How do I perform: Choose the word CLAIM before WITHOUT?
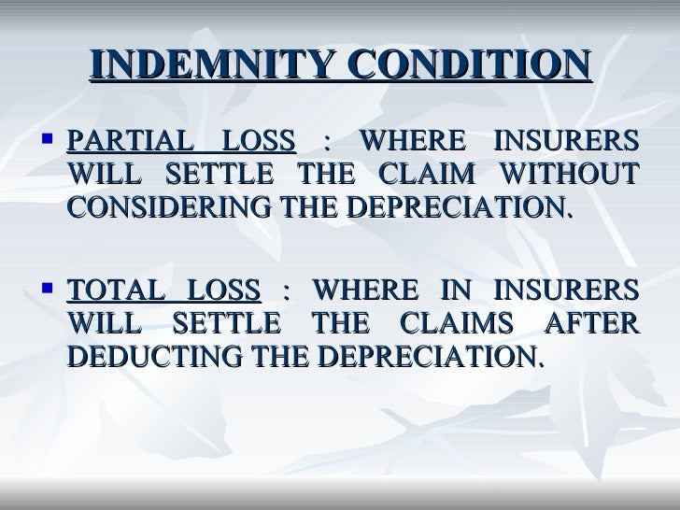click(436, 174)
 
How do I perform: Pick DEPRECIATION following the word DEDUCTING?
click(426, 355)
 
